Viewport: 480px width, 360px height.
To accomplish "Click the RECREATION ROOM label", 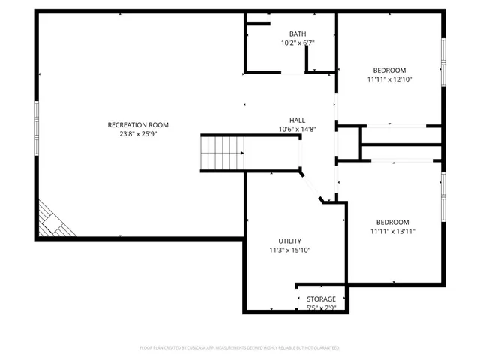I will tap(138, 125).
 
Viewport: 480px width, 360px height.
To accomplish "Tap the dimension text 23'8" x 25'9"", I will tap(138, 134).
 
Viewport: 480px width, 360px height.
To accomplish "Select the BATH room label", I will tap(298, 34).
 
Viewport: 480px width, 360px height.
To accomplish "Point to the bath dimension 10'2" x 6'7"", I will tap(298, 43).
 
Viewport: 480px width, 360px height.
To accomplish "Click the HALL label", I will tap(298, 120).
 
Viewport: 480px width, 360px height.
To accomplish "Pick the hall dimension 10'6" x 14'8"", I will tap(298, 129).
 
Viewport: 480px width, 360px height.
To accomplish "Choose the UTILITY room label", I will tap(289, 241).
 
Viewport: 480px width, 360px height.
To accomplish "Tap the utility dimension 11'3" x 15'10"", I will tap(289, 250).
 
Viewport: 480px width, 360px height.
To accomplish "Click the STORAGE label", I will tap(321, 298).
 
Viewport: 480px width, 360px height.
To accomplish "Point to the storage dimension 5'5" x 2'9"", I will tap(321, 307).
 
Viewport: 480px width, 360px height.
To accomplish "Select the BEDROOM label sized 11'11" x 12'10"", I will tap(390, 70).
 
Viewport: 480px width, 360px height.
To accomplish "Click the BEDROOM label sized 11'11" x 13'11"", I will tap(392, 222).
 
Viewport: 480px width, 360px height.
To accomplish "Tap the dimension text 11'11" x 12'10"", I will tap(390, 79).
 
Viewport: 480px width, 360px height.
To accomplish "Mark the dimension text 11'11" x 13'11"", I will tap(392, 232).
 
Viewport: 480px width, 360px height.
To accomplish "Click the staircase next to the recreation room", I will tap(222, 153).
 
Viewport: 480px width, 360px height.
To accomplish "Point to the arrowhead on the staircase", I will tap(241, 153).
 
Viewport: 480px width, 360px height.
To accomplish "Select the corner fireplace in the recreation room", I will tap(55, 220).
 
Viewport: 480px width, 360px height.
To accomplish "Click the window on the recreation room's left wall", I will tap(35, 127).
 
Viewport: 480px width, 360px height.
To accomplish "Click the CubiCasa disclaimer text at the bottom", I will tap(240, 347).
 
